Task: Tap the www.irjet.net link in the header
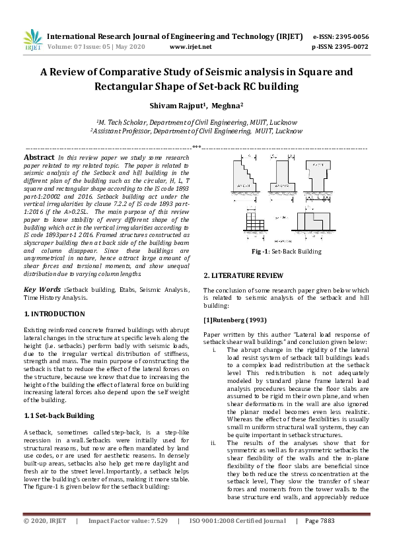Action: pyautogui.click(x=190, y=48)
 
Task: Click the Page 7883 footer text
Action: pyautogui.click(x=320, y=539)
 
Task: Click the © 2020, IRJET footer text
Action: pyautogui.click(x=45, y=539)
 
